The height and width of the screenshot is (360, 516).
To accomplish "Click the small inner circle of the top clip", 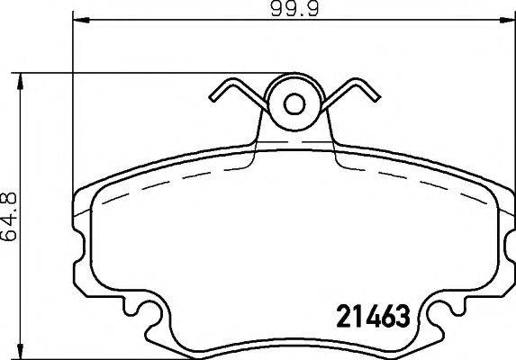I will coord(294,104).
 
